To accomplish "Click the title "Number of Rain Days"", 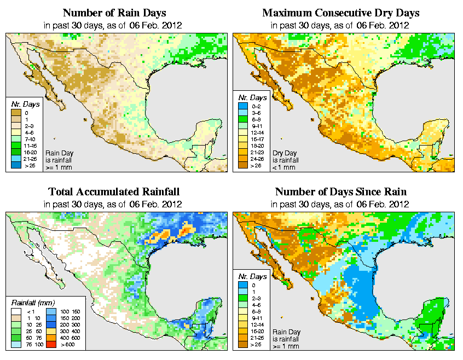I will pos(114,13).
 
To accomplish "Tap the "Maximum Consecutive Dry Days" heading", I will pos(340,13).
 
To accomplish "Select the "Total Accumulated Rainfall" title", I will pos(114,192).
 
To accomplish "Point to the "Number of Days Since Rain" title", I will pos(340,192).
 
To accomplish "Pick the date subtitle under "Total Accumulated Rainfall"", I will pos(114,204).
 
